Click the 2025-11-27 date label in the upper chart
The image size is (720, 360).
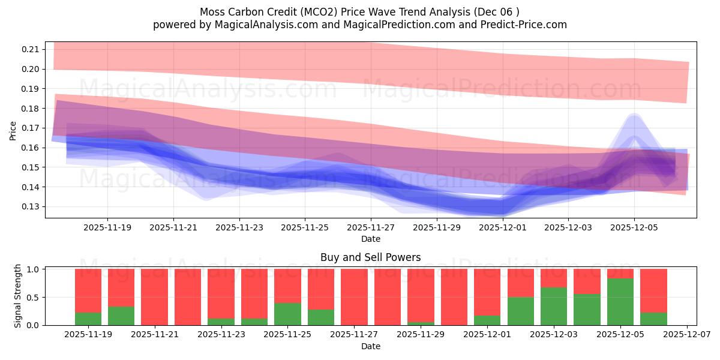click(x=371, y=228)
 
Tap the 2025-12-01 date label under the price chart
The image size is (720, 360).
click(x=503, y=228)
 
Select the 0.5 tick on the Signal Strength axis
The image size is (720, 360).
click(x=34, y=298)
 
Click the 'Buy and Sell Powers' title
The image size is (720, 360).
click(x=370, y=257)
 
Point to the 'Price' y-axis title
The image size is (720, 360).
click(x=13, y=130)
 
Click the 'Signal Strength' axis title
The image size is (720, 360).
click(x=18, y=296)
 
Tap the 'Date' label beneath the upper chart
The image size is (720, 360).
click(x=370, y=239)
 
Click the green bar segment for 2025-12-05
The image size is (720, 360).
click(x=620, y=302)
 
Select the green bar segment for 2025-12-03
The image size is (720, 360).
click(x=554, y=306)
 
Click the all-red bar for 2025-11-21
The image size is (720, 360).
click(x=154, y=297)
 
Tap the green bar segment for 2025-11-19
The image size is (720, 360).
click(x=88, y=319)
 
